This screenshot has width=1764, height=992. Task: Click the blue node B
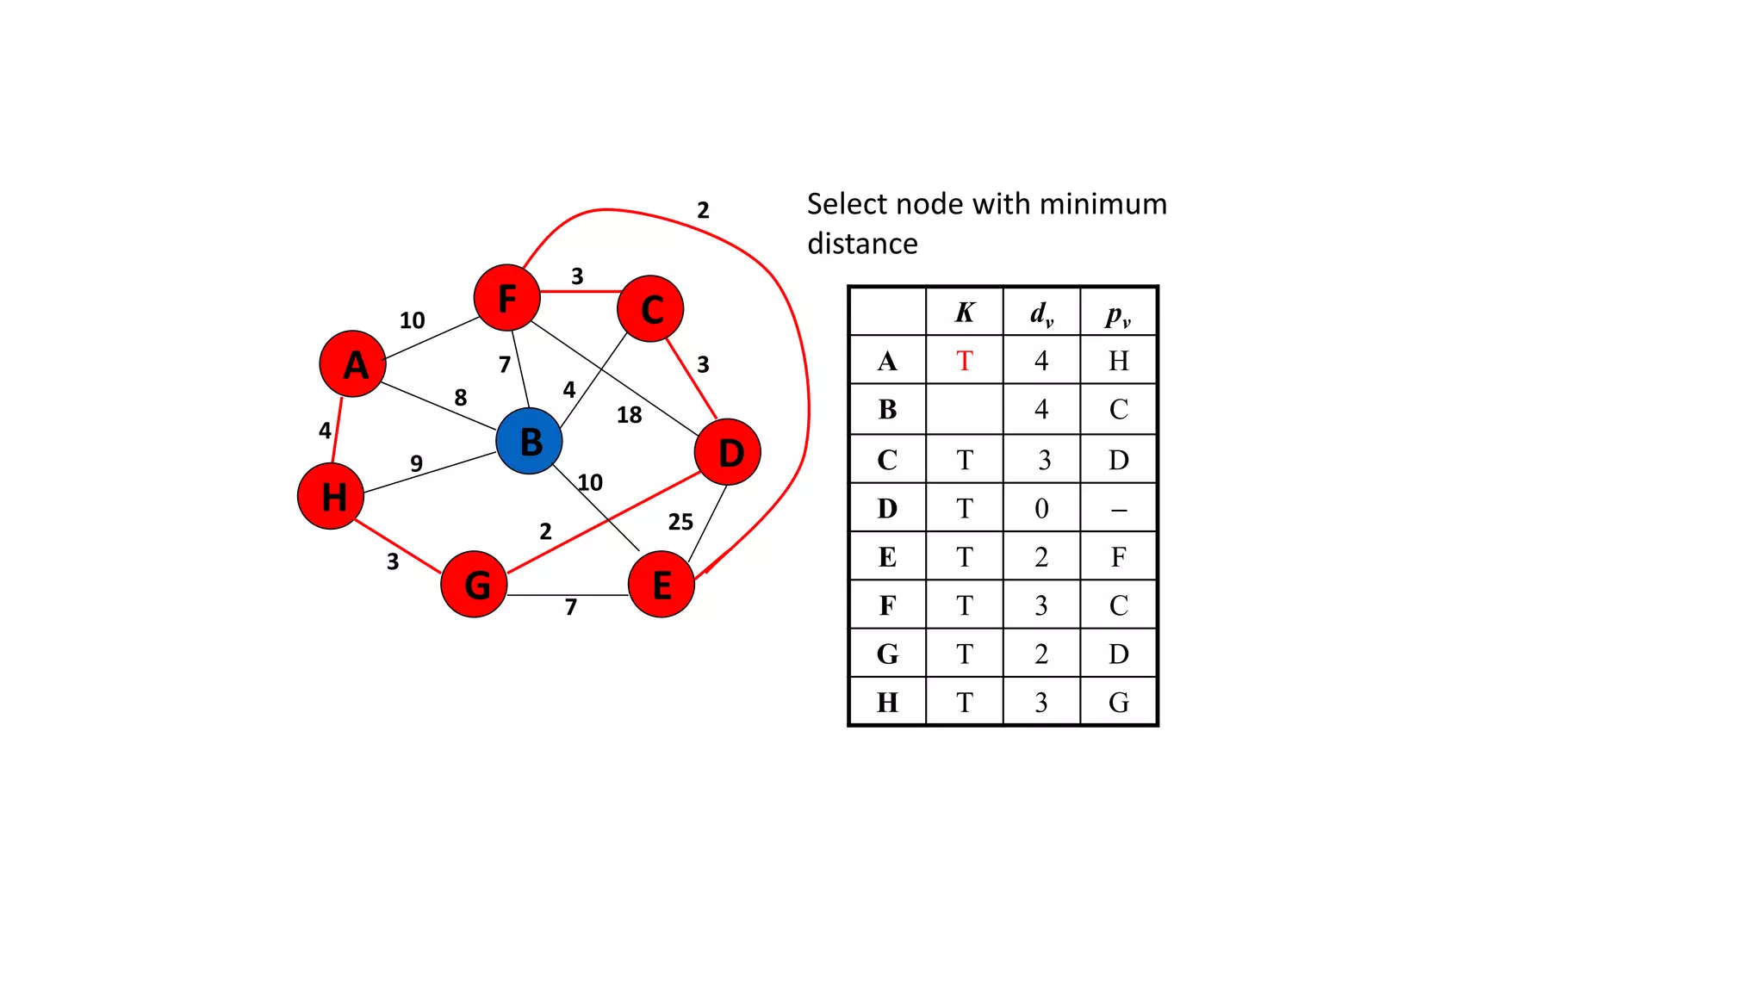coord(530,441)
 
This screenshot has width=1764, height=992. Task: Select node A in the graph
coord(352,364)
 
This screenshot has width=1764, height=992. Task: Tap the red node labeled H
coord(331,496)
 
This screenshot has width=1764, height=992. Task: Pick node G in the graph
coord(474,585)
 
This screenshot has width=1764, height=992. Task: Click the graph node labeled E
coord(661,585)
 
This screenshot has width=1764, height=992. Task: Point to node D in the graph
coord(728,452)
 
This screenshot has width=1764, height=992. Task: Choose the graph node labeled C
coord(651,309)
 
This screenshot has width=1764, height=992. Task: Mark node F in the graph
coord(507,298)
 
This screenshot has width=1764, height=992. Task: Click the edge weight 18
coord(629,415)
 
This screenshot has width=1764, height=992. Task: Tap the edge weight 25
coord(680,522)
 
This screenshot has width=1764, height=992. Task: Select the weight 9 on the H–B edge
coord(417,463)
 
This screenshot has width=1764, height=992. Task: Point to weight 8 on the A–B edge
coord(461,397)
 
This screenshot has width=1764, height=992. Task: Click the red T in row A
coord(965,361)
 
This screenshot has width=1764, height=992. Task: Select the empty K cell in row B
coord(965,409)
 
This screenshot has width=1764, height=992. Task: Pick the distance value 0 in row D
coord(1041,509)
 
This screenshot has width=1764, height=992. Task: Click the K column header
coord(965,312)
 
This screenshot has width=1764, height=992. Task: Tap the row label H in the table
coord(887,703)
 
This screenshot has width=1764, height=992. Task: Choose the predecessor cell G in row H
coord(1118,703)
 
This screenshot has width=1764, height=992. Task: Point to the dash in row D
coord(1118,510)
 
